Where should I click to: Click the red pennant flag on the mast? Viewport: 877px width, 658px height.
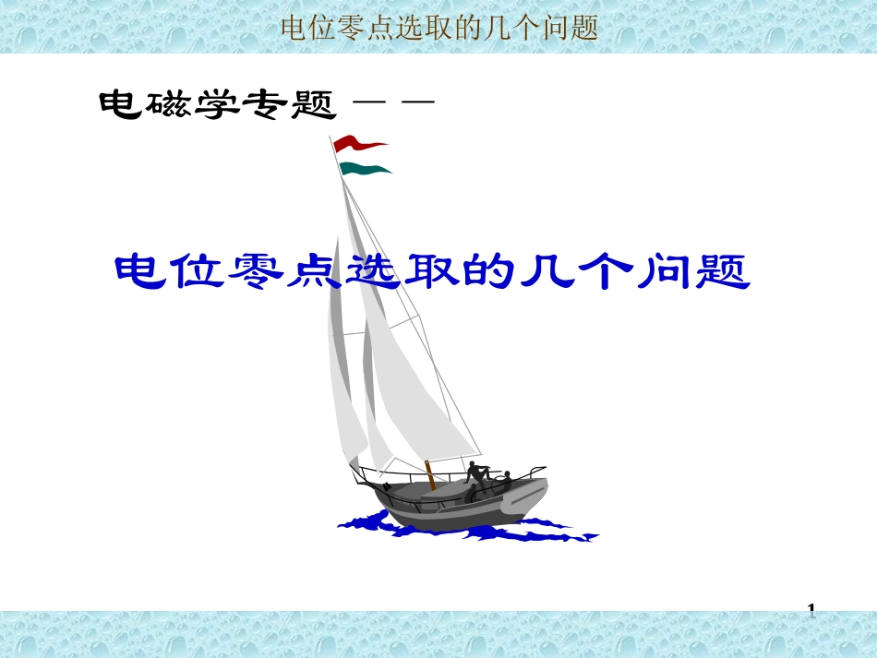[x=358, y=144]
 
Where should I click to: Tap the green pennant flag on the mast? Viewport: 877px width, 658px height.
[x=364, y=168]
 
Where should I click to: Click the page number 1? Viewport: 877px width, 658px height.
[x=811, y=610]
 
